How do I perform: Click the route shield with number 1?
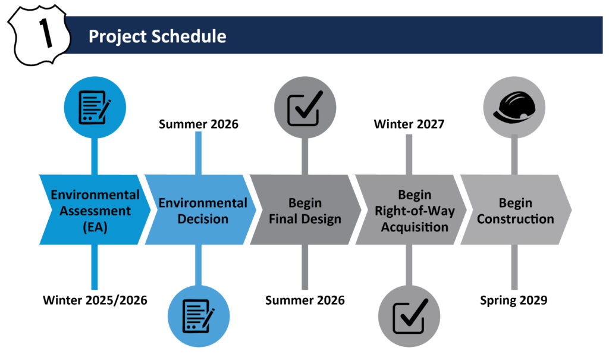tap(39, 35)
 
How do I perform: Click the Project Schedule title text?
tap(157, 36)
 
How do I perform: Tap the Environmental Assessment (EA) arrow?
tap(95, 209)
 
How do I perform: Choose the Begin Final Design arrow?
tap(306, 209)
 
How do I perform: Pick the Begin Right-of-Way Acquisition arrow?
tap(411, 209)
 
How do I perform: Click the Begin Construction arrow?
tap(516, 209)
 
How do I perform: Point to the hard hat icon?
tap(514, 107)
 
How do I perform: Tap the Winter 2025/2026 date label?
tap(95, 300)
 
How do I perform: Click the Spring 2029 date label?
tap(513, 300)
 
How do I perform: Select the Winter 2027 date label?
tap(409, 124)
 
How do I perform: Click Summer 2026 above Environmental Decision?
tap(199, 124)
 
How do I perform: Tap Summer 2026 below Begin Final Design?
tap(305, 300)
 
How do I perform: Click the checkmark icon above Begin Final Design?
tap(305, 108)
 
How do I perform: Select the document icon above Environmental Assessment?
tap(95, 107)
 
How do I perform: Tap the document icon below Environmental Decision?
tap(199, 316)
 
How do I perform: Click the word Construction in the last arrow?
tap(516, 219)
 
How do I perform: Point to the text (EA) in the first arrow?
tap(95, 227)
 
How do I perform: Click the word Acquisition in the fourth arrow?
tap(415, 227)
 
